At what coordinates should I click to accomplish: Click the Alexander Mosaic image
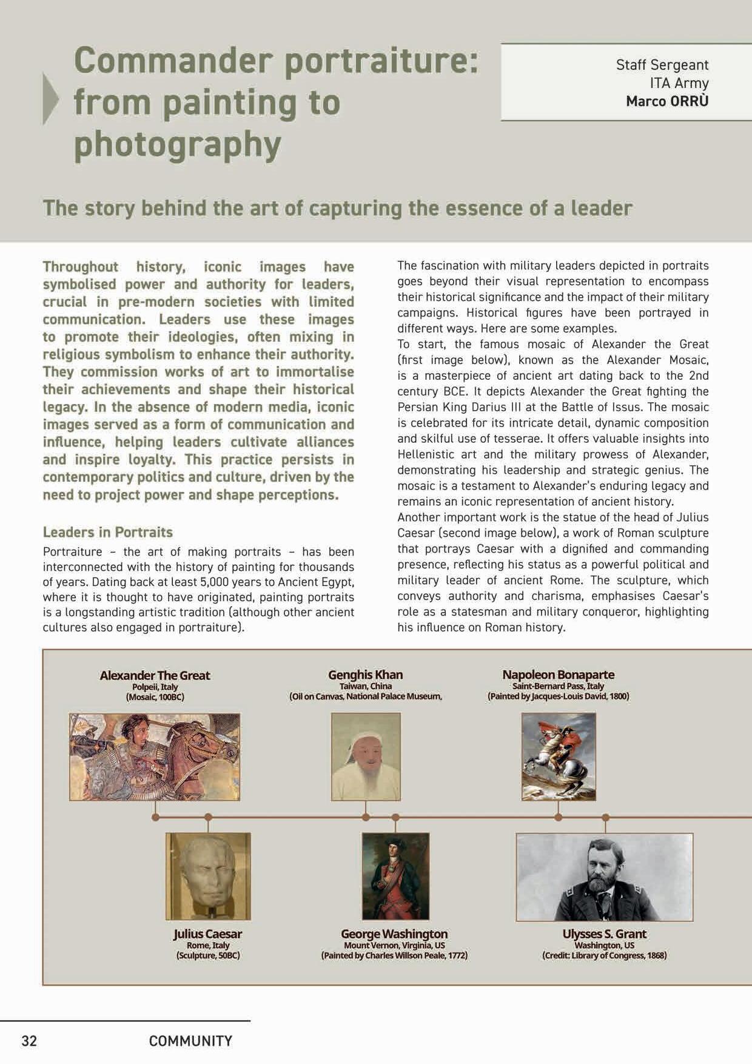155,756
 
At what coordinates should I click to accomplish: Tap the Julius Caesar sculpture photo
208,876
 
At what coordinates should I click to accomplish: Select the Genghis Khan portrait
366,756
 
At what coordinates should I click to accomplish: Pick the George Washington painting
395,876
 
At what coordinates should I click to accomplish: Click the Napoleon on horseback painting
559,756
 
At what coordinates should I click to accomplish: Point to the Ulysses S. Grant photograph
604,877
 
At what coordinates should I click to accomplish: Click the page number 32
29,1041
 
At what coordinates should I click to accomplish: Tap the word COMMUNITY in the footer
190,1041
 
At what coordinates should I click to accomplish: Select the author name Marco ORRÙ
667,101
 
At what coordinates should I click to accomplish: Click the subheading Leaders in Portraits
108,532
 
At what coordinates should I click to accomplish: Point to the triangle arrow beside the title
50,98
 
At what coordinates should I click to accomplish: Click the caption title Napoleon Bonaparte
558,675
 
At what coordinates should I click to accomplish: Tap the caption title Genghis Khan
365,675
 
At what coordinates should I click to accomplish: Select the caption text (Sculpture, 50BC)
208,955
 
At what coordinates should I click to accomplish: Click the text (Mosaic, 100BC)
155,697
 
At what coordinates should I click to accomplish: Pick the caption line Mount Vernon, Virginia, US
394,945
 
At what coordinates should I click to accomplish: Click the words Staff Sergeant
662,65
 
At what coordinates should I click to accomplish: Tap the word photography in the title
178,144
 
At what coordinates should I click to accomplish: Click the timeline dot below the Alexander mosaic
155,817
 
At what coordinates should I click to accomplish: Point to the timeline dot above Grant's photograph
605,818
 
